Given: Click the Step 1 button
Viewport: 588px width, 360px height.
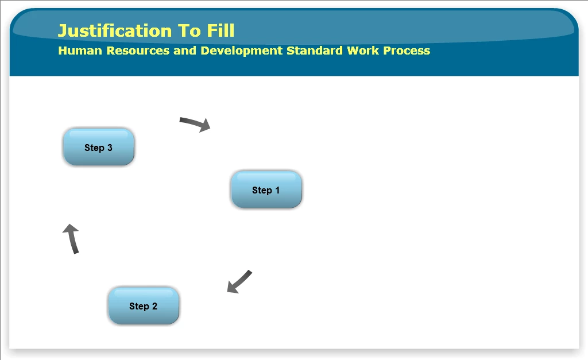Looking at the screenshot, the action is [x=266, y=189].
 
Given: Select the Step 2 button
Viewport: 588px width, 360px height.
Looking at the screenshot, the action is [x=143, y=305].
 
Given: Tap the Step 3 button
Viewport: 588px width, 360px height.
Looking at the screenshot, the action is [x=99, y=147].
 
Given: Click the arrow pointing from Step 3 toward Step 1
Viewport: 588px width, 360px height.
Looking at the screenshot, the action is [x=195, y=123].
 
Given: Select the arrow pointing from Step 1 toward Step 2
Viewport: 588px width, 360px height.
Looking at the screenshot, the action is [x=240, y=281].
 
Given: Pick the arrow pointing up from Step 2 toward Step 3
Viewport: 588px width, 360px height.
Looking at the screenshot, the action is [x=72, y=238].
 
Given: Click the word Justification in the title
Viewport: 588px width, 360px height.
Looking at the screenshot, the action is [x=115, y=31].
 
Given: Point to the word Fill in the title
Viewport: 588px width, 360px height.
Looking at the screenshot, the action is [x=220, y=30].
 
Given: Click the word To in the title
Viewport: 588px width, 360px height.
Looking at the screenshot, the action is [x=189, y=31].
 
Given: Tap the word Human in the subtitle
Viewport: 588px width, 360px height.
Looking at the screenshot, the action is [x=80, y=51].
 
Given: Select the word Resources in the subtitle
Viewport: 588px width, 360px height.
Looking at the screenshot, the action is [x=138, y=51].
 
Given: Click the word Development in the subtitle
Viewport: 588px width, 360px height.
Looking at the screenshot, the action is [x=242, y=51].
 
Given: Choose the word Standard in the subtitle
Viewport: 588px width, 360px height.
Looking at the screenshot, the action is [x=315, y=51].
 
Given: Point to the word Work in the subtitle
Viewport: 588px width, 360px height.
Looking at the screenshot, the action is [x=363, y=51].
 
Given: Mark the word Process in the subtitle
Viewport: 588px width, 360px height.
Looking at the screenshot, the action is [x=407, y=51].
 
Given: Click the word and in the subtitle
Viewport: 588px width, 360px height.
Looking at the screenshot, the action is [x=185, y=51].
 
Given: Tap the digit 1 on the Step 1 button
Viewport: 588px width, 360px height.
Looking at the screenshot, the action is [x=277, y=190].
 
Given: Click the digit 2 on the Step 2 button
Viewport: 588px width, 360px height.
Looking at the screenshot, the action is [x=154, y=306].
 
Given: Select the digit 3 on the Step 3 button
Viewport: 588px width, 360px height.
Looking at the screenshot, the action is [x=110, y=148].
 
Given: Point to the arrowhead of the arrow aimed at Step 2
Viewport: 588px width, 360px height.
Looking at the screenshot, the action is [x=232, y=287].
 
